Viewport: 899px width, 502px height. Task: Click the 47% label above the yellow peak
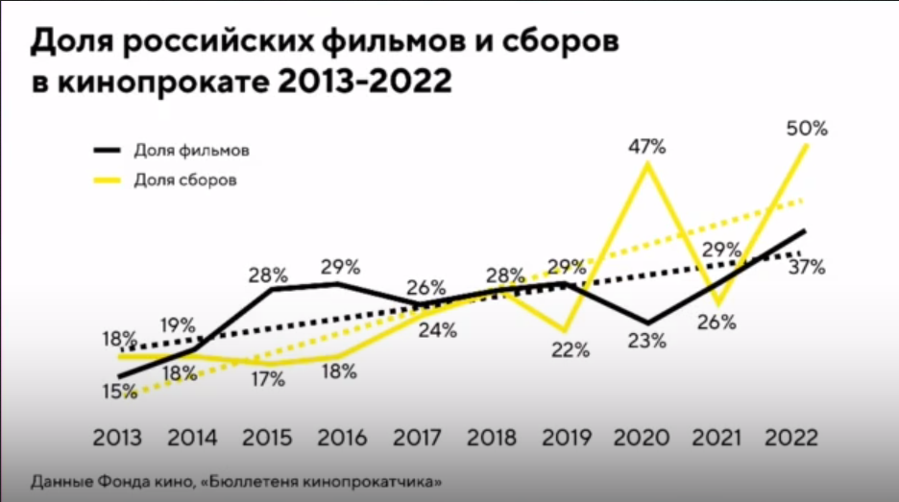[647, 147]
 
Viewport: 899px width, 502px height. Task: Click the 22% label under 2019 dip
[571, 350]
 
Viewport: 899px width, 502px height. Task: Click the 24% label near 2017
[438, 331]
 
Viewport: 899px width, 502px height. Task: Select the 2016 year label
[342, 438]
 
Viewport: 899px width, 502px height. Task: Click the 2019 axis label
[568, 438]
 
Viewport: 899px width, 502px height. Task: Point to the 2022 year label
[793, 438]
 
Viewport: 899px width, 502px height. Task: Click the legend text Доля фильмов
[191, 151]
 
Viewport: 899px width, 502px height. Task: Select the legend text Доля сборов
[185, 179]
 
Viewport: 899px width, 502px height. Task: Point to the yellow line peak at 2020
[647, 165]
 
